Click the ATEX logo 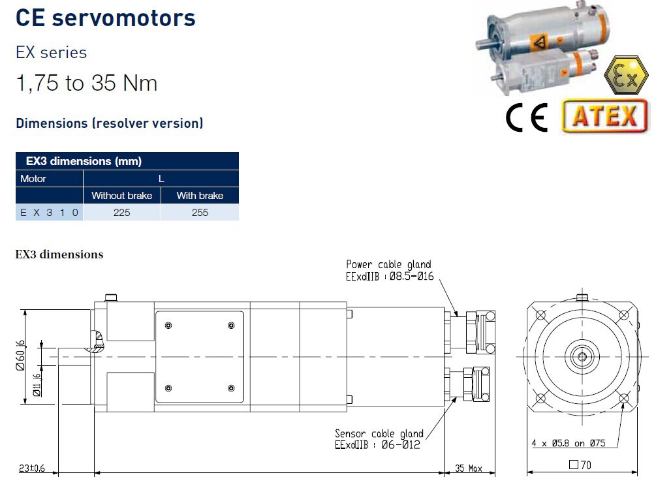[x=604, y=115]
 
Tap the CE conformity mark [x=527, y=117]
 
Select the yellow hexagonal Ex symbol [x=626, y=75]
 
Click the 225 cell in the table [x=122, y=212]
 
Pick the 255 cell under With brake [x=200, y=212]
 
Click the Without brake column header [x=122, y=196]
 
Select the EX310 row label [x=49, y=212]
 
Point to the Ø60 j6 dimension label [x=20, y=356]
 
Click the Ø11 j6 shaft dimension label [x=37, y=385]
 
